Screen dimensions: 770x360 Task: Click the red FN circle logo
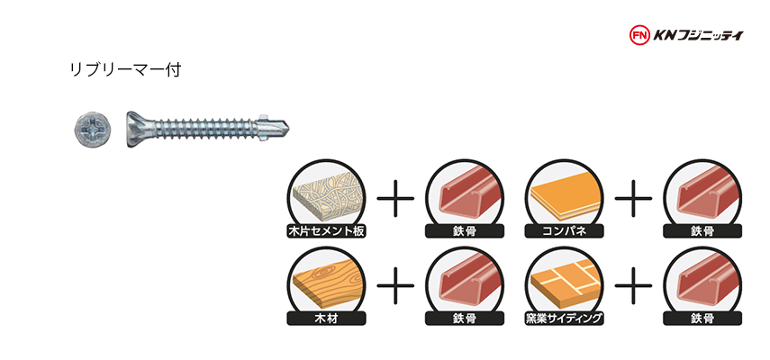click(639, 35)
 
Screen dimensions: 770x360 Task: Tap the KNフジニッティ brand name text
click(698, 35)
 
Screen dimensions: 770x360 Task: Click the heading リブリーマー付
click(126, 70)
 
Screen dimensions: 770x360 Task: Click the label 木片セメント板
click(326, 230)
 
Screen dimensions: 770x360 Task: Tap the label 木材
click(326, 319)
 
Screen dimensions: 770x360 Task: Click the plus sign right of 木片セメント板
click(395, 198)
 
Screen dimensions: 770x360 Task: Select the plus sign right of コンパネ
click(633, 198)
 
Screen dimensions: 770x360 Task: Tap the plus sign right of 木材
click(395, 285)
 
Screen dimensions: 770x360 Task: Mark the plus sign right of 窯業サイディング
click(633, 285)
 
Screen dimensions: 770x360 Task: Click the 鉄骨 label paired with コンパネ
click(702, 231)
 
